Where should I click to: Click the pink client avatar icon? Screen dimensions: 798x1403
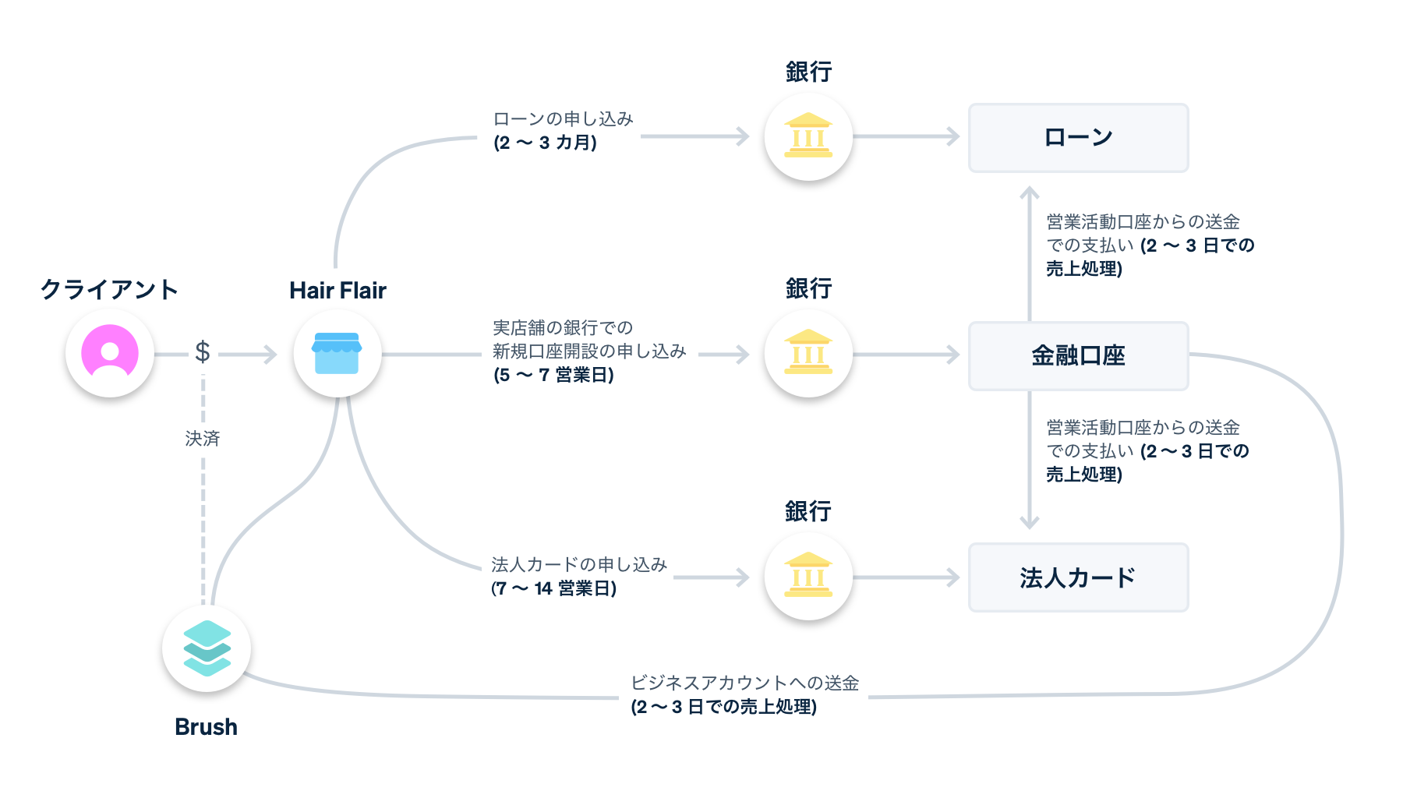pos(110,353)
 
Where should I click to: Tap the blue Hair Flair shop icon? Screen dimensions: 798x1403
pos(337,354)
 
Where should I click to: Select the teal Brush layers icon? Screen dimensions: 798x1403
pos(207,648)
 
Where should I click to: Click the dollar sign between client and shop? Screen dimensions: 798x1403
pos(203,352)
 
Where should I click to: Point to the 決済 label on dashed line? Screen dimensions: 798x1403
pos(203,439)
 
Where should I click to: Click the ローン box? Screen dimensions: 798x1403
pos(1078,138)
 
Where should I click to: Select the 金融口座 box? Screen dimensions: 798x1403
pos(1078,356)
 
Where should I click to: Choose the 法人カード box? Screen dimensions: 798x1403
pos(1078,577)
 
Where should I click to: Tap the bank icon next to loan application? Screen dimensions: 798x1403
pos(808,136)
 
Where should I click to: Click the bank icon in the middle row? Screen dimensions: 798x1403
pos(808,354)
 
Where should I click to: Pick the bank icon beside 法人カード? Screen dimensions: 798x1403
pos(808,577)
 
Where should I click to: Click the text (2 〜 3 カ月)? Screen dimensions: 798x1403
pos(545,143)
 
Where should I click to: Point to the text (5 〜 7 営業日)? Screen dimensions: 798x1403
pos(553,375)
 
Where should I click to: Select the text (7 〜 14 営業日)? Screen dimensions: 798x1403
pos(553,588)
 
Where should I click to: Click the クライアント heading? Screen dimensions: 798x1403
pos(109,289)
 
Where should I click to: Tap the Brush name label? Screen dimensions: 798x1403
pos(206,726)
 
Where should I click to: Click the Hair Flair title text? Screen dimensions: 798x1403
pos(337,291)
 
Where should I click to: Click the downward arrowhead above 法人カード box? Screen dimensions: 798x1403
pos(1030,523)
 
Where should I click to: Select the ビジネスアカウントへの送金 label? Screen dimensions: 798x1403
pos(744,683)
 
